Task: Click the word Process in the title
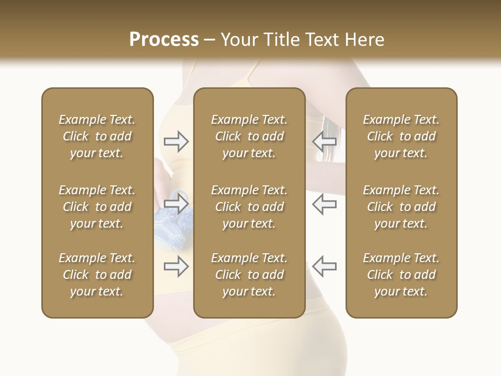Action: (x=164, y=40)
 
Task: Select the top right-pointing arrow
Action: (x=176, y=142)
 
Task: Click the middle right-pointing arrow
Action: (x=176, y=204)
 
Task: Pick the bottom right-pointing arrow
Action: (x=176, y=266)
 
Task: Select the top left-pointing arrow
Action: (x=324, y=142)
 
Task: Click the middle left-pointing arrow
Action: (x=324, y=204)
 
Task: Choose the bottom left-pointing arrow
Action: (x=324, y=266)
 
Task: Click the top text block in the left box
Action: (x=97, y=136)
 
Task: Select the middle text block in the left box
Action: (x=97, y=207)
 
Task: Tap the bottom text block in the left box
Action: (x=97, y=275)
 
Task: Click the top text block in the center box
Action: (x=249, y=136)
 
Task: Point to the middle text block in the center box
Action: (x=249, y=207)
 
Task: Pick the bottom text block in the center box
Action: (x=249, y=275)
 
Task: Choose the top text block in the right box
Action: (x=401, y=136)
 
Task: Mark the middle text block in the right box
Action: (x=401, y=207)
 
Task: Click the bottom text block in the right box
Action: (x=401, y=275)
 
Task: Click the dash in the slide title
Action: (x=210, y=40)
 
